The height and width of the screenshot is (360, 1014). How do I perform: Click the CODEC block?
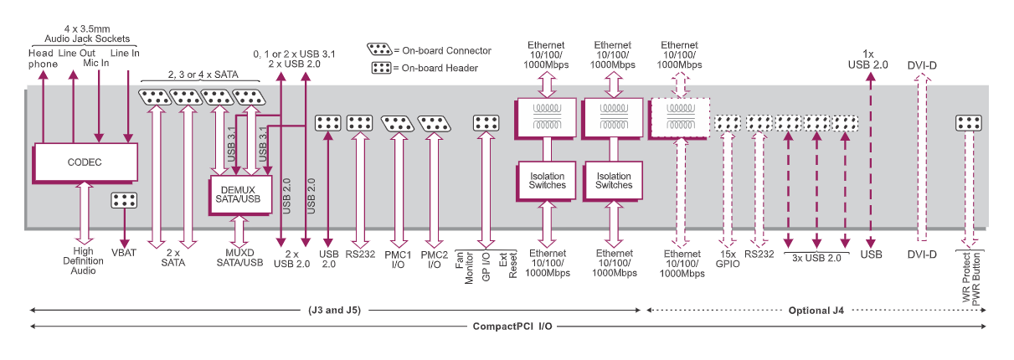[85, 162]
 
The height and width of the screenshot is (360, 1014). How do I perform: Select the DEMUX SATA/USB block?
[239, 194]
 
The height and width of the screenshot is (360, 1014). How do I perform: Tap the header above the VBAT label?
[124, 200]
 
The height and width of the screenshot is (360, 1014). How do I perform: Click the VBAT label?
[124, 251]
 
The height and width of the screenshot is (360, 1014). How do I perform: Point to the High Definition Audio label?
[83, 261]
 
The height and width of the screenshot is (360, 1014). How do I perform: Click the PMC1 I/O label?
[398, 259]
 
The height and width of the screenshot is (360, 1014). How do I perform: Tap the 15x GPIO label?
[728, 259]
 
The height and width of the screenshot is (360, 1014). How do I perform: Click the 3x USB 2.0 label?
[816, 259]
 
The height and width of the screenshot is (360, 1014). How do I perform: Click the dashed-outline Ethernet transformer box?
[680, 116]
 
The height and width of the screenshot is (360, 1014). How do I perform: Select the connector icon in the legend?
[378, 50]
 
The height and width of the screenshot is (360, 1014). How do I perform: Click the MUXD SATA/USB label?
[239, 259]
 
